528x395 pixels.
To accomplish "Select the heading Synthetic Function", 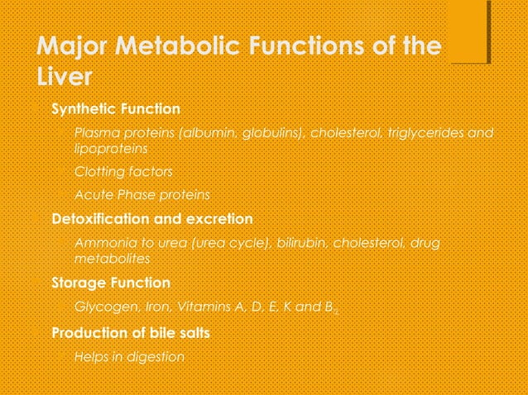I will (115, 109).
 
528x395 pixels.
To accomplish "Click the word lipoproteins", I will (111, 149).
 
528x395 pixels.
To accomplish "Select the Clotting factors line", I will (123, 172).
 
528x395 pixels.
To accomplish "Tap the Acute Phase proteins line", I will (142, 195).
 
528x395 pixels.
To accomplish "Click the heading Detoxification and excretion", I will (151, 219).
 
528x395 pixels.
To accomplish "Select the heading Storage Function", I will (111, 283).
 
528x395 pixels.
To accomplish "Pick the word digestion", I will (160, 357).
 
